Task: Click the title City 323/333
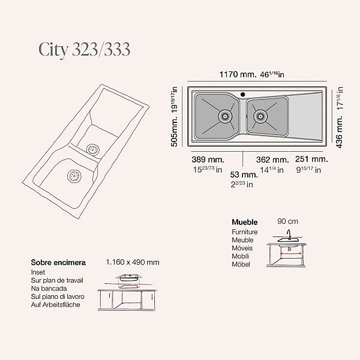tap(84, 50)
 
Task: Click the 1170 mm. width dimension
tap(238, 74)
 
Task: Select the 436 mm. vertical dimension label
tap(340, 132)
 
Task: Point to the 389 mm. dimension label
tap(208, 160)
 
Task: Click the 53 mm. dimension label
tap(244, 175)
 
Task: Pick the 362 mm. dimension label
tap(272, 160)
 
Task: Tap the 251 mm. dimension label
tap(311, 159)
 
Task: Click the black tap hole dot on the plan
tap(242, 94)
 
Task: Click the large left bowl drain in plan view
tap(225, 116)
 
